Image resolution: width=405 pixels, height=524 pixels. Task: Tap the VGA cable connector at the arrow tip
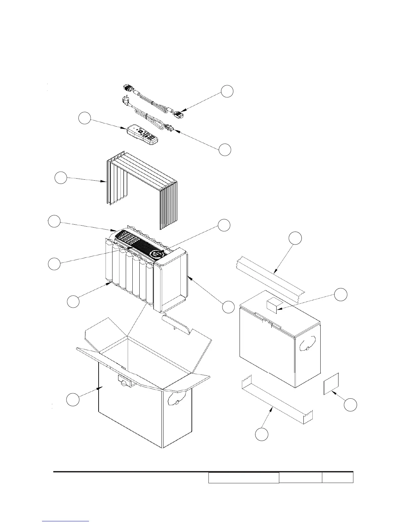pyautogui.click(x=179, y=114)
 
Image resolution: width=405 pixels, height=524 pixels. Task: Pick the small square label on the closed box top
pyautogui.click(x=273, y=305)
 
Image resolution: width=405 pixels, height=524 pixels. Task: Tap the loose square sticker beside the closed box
pyautogui.click(x=331, y=384)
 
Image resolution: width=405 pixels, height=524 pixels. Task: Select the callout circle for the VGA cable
pyautogui.click(x=227, y=91)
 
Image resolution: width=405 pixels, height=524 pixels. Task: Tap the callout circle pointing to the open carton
pyautogui.click(x=73, y=399)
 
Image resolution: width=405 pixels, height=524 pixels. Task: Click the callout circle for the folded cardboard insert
pyautogui.click(x=61, y=178)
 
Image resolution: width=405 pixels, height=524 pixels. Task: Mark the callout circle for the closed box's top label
pyautogui.click(x=341, y=294)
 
